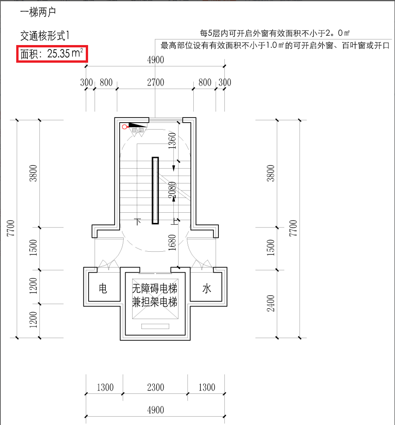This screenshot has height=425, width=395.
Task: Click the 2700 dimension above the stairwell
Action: tap(155, 83)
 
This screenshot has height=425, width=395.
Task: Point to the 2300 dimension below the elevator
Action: tap(155, 387)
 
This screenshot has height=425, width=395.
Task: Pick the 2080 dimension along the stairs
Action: tap(172, 191)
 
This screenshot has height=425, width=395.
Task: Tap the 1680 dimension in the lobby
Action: tap(172, 242)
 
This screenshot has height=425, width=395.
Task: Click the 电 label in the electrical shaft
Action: tap(103, 289)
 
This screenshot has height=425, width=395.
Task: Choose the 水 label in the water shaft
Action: tap(207, 289)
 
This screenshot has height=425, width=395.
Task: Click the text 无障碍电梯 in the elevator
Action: tap(155, 288)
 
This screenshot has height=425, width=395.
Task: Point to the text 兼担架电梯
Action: tap(155, 302)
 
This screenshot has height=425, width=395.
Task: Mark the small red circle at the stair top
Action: tap(124, 127)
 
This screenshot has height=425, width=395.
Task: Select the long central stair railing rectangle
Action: tap(155, 191)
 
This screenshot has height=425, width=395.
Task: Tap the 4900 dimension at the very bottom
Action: tap(155, 410)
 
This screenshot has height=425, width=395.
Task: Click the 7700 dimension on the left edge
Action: tap(11, 228)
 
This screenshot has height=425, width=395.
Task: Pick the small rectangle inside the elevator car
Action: tap(155, 326)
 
